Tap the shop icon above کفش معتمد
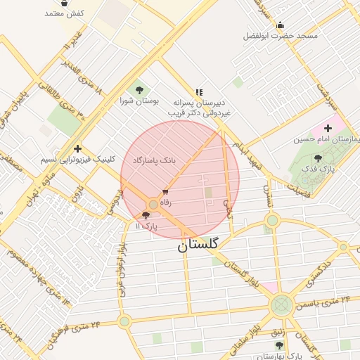click(x=65, y=3)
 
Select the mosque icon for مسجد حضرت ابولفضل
click(x=281, y=25)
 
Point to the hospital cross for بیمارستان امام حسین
click(x=328, y=128)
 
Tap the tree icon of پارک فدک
click(x=318, y=158)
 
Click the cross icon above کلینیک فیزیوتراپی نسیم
click(x=77, y=148)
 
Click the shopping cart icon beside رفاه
click(x=165, y=191)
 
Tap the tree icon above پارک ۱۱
click(x=146, y=215)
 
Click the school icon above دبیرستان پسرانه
click(x=199, y=91)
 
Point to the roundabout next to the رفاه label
click(x=153, y=204)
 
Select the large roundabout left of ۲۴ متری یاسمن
click(x=281, y=305)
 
